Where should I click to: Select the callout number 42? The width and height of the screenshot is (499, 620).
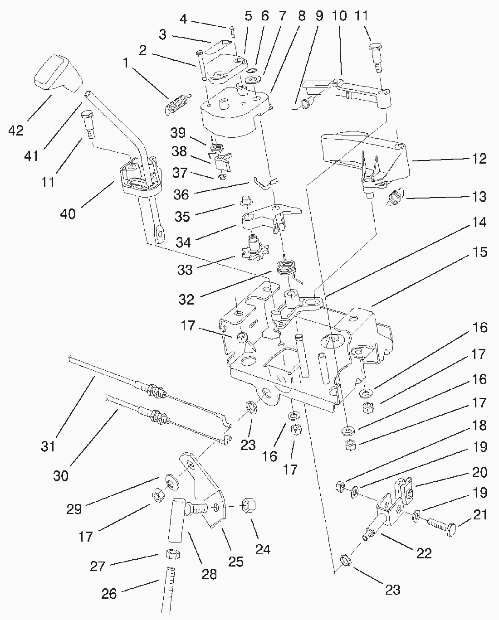point(16,131)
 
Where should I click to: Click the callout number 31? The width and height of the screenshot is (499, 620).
point(48,446)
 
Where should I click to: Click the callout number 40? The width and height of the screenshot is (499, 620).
point(68,213)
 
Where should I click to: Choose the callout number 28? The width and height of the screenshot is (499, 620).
point(209,574)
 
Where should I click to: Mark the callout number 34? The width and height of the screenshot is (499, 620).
point(183,242)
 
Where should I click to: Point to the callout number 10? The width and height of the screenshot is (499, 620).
point(339,16)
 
